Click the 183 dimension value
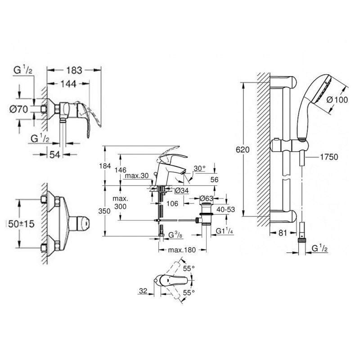[74, 70]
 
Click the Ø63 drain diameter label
[206, 198]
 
